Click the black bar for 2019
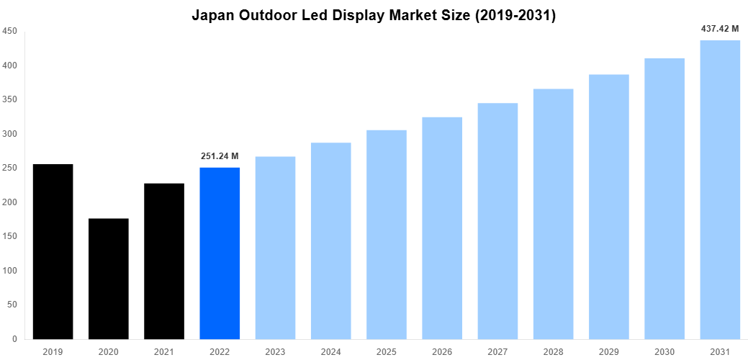53,251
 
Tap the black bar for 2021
164,261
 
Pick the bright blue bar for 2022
220,253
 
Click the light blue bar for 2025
387,234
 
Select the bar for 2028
554,214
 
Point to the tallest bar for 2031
720,189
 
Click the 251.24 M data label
220,156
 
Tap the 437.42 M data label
720,29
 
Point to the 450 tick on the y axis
10,32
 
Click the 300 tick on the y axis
10,134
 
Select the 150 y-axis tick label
10,236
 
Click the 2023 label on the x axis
275,351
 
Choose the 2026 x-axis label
442,351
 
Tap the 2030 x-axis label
664,351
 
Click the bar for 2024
331,240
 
